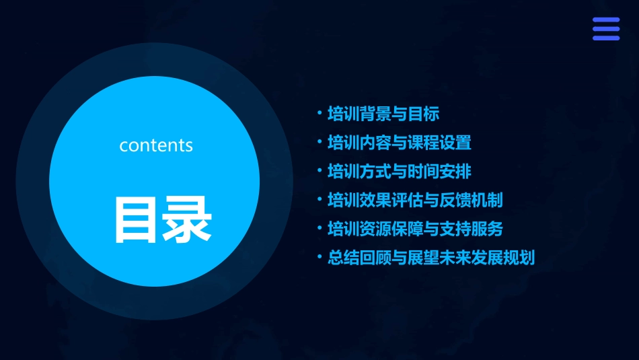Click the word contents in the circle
point(156,145)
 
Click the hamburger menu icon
point(606,29)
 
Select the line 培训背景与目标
point(383,114)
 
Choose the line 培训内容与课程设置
point(399,143)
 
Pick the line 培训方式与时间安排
point(399,171)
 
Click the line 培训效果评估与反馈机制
point(415,200)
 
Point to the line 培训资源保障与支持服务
point(415,229)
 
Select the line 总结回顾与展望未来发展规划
point(430,258)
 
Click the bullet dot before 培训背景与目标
point(319,113)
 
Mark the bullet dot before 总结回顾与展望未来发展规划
point(319,257)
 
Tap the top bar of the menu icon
point(606,20)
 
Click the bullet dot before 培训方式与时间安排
point(319,171)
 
